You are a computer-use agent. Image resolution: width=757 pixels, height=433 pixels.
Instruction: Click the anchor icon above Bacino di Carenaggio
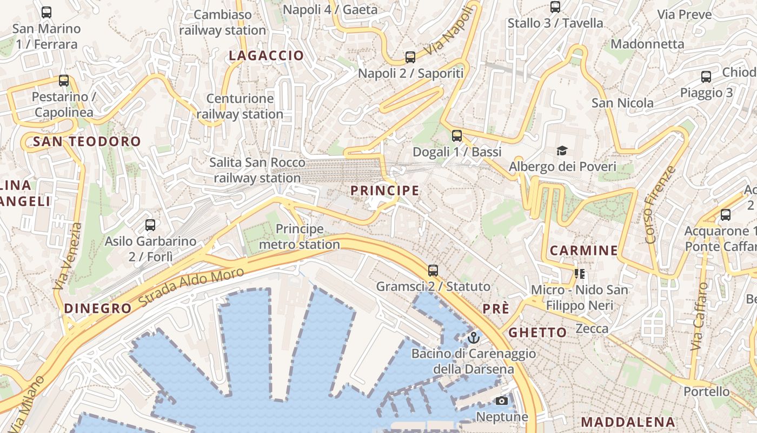pos(474,338)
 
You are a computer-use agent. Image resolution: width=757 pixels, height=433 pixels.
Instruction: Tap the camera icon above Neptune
pos(502,401)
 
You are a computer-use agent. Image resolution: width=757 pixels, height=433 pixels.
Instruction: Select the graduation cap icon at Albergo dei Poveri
pos(562,150)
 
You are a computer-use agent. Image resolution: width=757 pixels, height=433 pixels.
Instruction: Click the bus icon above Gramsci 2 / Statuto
pos(433,271)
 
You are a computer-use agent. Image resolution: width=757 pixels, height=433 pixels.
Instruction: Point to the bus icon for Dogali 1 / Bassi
pos(457,136)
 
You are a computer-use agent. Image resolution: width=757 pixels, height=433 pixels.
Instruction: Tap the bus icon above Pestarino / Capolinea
pos(64,81)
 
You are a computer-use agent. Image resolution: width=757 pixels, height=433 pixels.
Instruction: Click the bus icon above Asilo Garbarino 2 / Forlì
pos(150,225)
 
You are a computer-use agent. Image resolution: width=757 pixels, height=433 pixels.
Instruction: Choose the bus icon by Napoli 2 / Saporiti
pos(410,57)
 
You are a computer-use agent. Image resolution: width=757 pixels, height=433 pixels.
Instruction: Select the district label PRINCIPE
pos(384,191)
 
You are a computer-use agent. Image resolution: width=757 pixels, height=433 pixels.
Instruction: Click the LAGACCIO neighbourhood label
pos(266,56)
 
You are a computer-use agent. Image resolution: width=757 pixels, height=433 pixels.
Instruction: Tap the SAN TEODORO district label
pos(87,142)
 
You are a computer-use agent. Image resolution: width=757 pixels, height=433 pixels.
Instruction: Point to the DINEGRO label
pos(98,309)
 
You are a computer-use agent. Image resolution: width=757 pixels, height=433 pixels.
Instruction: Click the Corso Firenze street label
pos(660,205)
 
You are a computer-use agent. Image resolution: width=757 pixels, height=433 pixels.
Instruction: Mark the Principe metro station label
pos(300,237)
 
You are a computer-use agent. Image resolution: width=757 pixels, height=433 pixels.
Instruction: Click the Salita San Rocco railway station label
pos(257,170)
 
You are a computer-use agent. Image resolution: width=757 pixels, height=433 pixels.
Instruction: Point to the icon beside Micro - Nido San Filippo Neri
pos(580,274)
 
